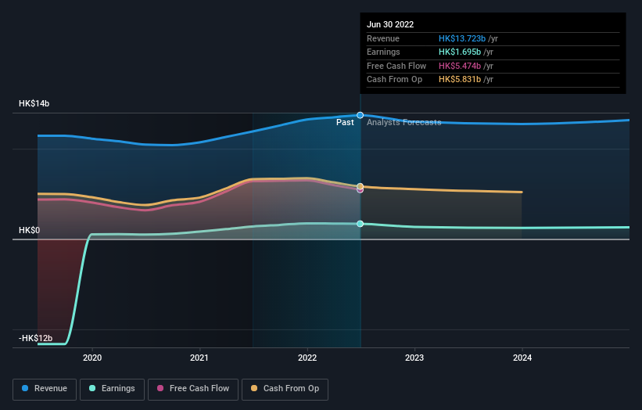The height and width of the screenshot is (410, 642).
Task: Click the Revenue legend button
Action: pyautogui.click(x=45, y=389)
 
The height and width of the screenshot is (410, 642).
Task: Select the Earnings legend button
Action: pyautogui.click(x=112, y=389)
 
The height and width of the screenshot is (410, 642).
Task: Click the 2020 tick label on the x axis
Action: pyautogui.click(x=92, y=358)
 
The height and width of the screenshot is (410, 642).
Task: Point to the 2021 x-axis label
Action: pyautogui.click(x=199, y=358)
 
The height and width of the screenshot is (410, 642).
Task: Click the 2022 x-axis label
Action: pyautogui.click(x=307, y=358)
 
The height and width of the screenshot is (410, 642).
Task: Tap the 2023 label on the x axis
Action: pyautogui.click(x=414, y=358)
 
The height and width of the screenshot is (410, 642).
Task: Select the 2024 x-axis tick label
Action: pyautogui.click(x=522, y=358)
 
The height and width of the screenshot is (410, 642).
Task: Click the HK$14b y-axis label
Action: pyautogui.click(x=34, y=104)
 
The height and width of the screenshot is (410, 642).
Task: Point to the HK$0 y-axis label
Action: pyautogui.click(x=30, y=231)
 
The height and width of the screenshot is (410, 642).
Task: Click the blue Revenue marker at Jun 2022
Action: pyautogui.click(x=360, y=115)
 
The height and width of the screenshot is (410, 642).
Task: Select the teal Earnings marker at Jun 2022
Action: pyautogui.click(x=360, y=224)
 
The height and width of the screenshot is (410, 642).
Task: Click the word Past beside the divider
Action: pyautogui.click(x=345, y=123)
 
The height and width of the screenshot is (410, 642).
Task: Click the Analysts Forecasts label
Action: pyautogui.click(x=403, y=123)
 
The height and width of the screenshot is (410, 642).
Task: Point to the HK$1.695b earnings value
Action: pyautogui.click(x=459, y=52)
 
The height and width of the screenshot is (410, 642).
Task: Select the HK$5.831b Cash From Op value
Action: pyautogui.click(x=459, y=80)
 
